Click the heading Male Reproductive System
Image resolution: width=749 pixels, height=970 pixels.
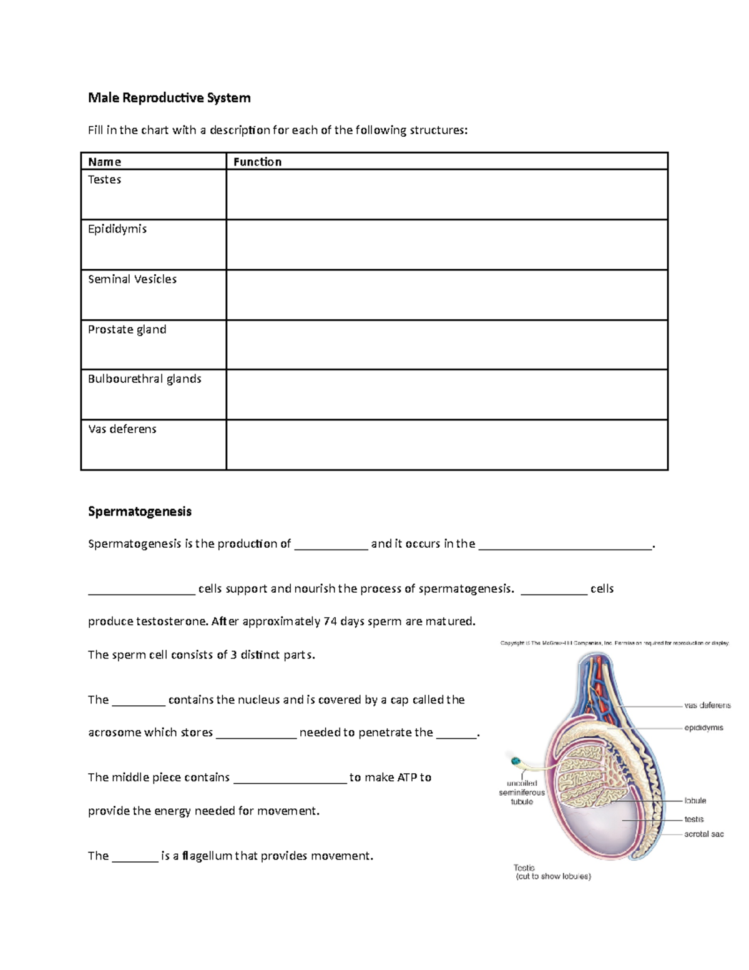(x=169, y=97)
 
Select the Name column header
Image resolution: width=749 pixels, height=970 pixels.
(x=104, y=162)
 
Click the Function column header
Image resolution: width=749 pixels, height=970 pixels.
(x=257, y=162)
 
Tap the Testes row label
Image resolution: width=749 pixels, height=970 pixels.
(x=104, y=180)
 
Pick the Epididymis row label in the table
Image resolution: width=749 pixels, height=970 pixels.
(x=117, y=229)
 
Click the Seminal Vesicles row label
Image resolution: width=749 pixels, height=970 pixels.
(x=132, y=279)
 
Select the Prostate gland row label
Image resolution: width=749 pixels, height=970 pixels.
(x=127, y=329)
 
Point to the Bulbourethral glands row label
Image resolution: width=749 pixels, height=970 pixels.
(x=144, y=379)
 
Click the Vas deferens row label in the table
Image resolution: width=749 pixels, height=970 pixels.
(x=122, y=429)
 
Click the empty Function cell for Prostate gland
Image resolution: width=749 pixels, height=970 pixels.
(x=446, y=344)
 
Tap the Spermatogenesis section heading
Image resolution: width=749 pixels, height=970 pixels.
(x=140, y=512)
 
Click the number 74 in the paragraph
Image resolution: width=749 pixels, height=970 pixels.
(x=330, y=621)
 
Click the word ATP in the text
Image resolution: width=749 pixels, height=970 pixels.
(x=406, y=778)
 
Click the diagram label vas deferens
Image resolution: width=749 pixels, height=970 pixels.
(x=707, y=705)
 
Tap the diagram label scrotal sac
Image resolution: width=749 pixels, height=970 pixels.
(x=703, y=834)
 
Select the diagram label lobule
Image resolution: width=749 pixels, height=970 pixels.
(x=695, y=800)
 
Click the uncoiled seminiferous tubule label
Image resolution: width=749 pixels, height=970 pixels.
(x=522, y=793)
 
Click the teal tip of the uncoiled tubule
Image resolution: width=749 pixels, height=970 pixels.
(x=516, y=761)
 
